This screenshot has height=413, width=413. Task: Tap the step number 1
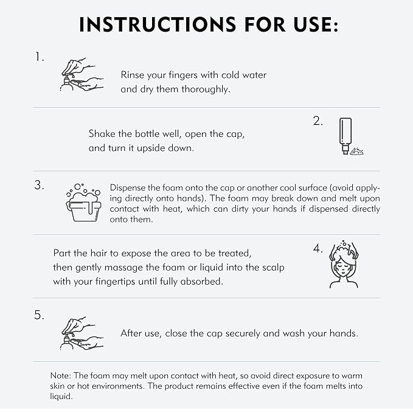pyautogui.click(x=40, y=57)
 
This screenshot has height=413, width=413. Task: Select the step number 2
pyautogui.click(x=318, y=121)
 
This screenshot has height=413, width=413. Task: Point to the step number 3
pyautogui.click(x=40, y=185)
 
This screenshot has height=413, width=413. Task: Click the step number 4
pyautogui.click(x=318, y=249)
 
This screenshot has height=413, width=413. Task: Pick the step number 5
pyautogui.click(x=40, y=315)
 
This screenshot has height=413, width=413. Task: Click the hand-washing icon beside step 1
pyautogui.click(x=82, y=75)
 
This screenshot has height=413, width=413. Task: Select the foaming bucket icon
pyautogui.click(x=83, y=203)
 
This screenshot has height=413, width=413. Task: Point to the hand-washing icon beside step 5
pyautogui.click(x=82, y=333)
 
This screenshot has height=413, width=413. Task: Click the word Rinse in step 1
pyautogui.click(x=132, y=75)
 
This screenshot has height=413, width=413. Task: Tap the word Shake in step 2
pyautogui.click(x=102, y=134)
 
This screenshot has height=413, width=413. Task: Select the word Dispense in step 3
pyautogui.click(x=128, y=188)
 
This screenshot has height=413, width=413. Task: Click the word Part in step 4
pyautogui.click(x=62, y=253)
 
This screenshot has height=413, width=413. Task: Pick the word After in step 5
pyautogui.click(x=132, y=333)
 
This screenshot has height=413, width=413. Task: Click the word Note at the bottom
pyautogui.click(x=61, y=375)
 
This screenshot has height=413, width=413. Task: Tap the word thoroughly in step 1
pyautogui.click(x=206, y=89)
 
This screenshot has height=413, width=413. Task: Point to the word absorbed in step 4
pyautogui.click(x=201, y=282)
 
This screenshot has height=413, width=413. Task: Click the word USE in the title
pyautogui.click(x=316, y=25)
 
